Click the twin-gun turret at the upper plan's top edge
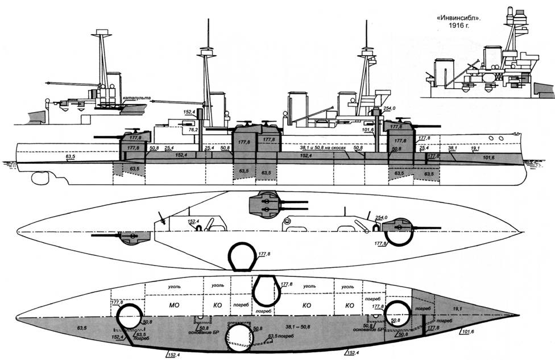tap(266, 204)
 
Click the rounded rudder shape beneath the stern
tap(40, 178)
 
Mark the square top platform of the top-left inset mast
tap(102, 34)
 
